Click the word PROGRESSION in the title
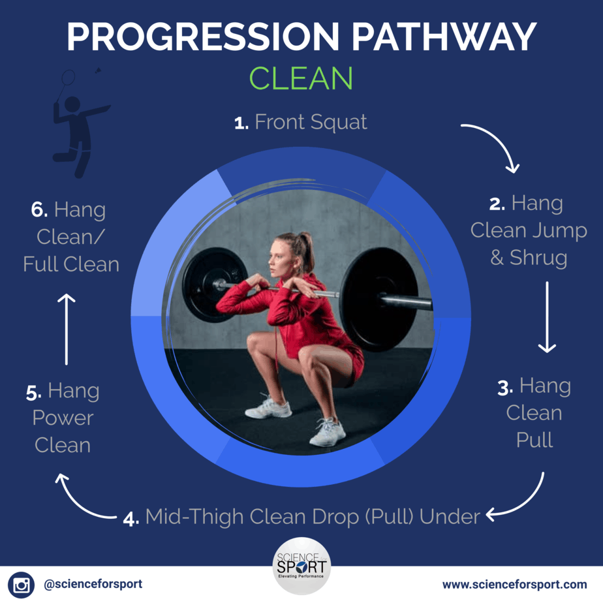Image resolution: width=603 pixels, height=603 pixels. pos(203,37)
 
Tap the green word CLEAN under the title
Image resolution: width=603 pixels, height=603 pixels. pos(301,78)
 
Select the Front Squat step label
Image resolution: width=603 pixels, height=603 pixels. pos(301,122)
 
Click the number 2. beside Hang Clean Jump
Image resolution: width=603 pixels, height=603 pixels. pos(497,204)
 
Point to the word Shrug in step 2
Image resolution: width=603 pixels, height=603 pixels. pos(538,257)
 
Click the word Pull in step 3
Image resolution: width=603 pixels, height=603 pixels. pos(534,440)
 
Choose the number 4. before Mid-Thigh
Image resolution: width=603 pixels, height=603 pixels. pos(131,519)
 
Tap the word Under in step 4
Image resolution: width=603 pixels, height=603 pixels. pos(450,516)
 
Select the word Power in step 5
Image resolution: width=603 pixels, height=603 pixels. pos(63,418)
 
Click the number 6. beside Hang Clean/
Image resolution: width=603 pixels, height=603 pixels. pos(39,210)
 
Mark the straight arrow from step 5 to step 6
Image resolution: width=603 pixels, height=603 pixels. pos(66,329)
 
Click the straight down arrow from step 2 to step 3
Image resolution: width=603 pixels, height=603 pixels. pos(547,317)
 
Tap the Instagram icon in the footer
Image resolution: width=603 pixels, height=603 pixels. pos(21,585)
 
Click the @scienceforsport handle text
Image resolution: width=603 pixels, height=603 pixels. pos(93,584)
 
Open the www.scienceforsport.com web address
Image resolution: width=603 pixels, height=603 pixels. pos(514,585)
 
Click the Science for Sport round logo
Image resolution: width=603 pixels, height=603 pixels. pos(301,566)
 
